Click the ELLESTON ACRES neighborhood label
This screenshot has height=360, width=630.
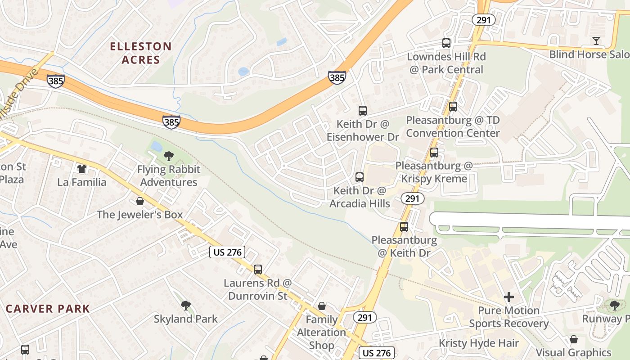141,53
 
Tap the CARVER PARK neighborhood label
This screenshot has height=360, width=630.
48,309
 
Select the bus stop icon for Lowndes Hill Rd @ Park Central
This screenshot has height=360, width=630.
446,43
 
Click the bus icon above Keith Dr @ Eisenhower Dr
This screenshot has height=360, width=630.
362,110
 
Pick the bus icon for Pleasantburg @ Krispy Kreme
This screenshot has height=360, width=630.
434,153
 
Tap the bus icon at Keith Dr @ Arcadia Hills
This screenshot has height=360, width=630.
359,177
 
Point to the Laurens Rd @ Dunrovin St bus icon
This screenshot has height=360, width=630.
258,270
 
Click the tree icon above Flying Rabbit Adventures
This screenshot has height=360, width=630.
169,156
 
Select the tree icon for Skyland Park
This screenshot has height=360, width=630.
185,306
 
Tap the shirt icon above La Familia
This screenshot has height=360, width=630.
81,169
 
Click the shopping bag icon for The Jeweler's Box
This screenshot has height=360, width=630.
140,201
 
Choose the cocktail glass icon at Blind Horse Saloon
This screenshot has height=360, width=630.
596,41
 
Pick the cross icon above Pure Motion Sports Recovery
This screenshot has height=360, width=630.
508,297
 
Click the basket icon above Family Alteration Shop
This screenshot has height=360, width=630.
322,306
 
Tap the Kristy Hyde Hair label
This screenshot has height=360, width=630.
479,343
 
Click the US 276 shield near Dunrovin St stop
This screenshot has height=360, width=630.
228,252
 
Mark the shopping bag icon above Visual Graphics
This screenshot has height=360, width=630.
573,339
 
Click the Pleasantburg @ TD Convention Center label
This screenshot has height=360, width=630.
453,127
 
